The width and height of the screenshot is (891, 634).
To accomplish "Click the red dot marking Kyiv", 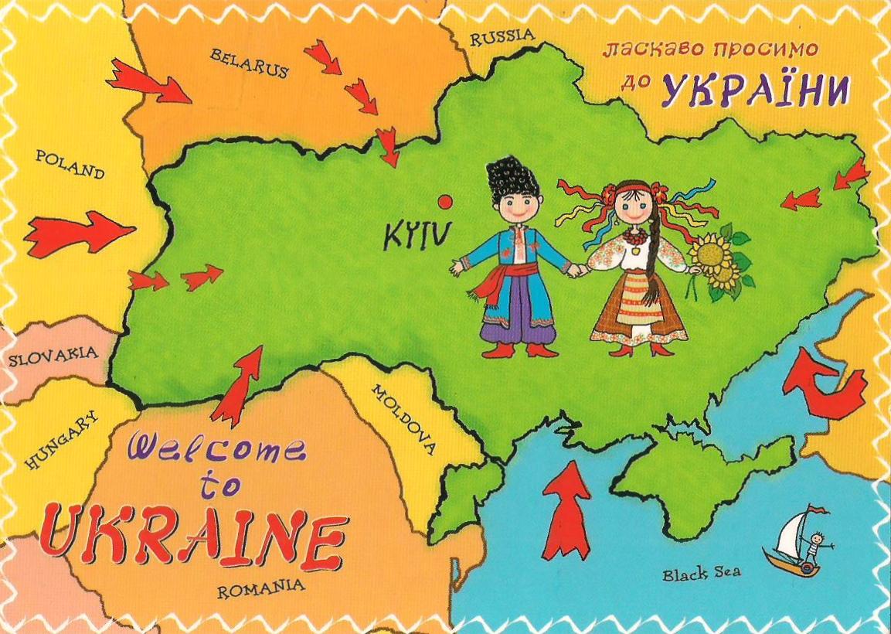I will (444, 202).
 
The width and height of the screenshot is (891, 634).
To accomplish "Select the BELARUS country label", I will (249, 63).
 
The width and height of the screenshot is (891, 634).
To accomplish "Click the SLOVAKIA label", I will (53, 357).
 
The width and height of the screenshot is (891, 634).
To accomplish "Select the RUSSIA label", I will (502, 36).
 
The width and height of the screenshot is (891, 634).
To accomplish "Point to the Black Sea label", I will (701, 573).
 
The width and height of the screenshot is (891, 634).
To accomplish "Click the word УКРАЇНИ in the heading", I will (755, 91).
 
